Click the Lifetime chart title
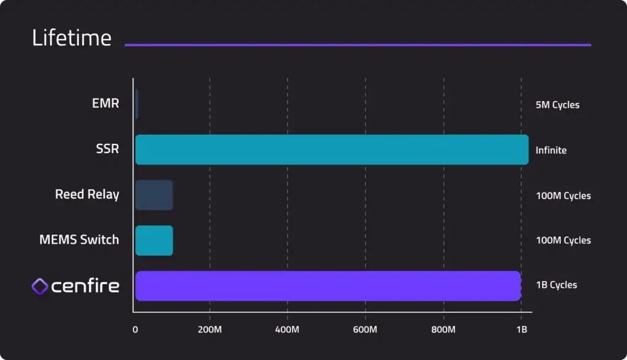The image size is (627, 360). click(72, 39)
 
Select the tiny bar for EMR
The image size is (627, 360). click(137, 104)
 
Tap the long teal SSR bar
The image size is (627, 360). click(331, 150)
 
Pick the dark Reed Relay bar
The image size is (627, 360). click(154, 195)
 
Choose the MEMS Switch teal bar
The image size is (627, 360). click(154, 241)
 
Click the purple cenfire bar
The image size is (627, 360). click(328, 286)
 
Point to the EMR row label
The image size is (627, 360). click(105, 103)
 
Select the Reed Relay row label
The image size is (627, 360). click(87, 195)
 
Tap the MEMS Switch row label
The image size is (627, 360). click(79, 240)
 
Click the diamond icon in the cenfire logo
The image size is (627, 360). click(40, 286)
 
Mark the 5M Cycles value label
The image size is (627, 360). click(557, 105)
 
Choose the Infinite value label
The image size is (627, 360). click(551, 150)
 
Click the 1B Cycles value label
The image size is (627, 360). click(556, 285)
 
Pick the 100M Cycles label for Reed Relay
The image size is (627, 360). click(563, 196)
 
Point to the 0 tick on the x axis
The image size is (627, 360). click(135, 330)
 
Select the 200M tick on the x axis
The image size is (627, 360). click(210, 330)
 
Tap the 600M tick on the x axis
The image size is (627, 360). click(366, 330)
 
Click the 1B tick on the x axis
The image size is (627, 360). click(521, 330)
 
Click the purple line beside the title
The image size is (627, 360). click(358, 45)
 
